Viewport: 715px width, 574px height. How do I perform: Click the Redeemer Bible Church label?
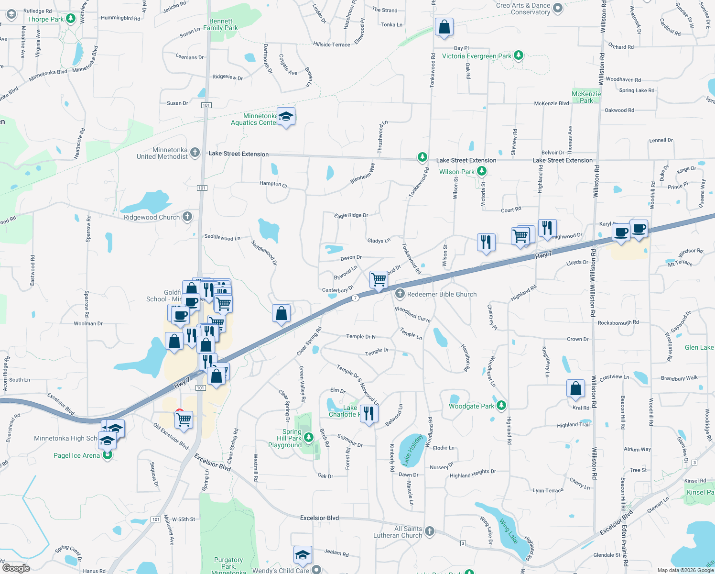tap(442, 294)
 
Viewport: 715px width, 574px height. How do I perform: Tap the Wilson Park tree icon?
tap(482, 171)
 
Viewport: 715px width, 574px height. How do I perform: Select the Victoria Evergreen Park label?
tap(477, 56)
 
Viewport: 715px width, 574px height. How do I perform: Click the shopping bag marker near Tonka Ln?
tap(444, 28)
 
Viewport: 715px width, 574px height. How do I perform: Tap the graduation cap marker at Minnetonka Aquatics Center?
tap(286, 116)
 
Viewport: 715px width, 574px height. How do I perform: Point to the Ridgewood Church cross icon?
tap(187, 217)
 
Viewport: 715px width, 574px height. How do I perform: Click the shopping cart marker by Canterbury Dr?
tap(379, 279)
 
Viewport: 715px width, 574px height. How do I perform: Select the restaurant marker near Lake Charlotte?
tap(369, 413)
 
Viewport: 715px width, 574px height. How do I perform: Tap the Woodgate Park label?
tap(471, 406)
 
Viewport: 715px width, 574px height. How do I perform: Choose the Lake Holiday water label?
tap(412, 450)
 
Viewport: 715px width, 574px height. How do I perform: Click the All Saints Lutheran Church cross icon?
tap(430, 531)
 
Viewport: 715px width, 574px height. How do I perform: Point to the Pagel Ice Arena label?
tap(76, 455)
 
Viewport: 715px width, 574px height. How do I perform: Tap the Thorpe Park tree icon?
tap(71, 19)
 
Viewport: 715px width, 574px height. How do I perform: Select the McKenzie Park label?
tap(586, 97)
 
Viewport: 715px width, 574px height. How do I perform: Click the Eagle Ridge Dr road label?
tap(351, 215)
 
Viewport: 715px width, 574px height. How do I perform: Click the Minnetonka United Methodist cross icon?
tap(195, 153)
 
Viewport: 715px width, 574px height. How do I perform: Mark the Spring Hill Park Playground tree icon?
tap(309, 437)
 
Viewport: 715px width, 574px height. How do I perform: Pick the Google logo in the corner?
tap(16, 568)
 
